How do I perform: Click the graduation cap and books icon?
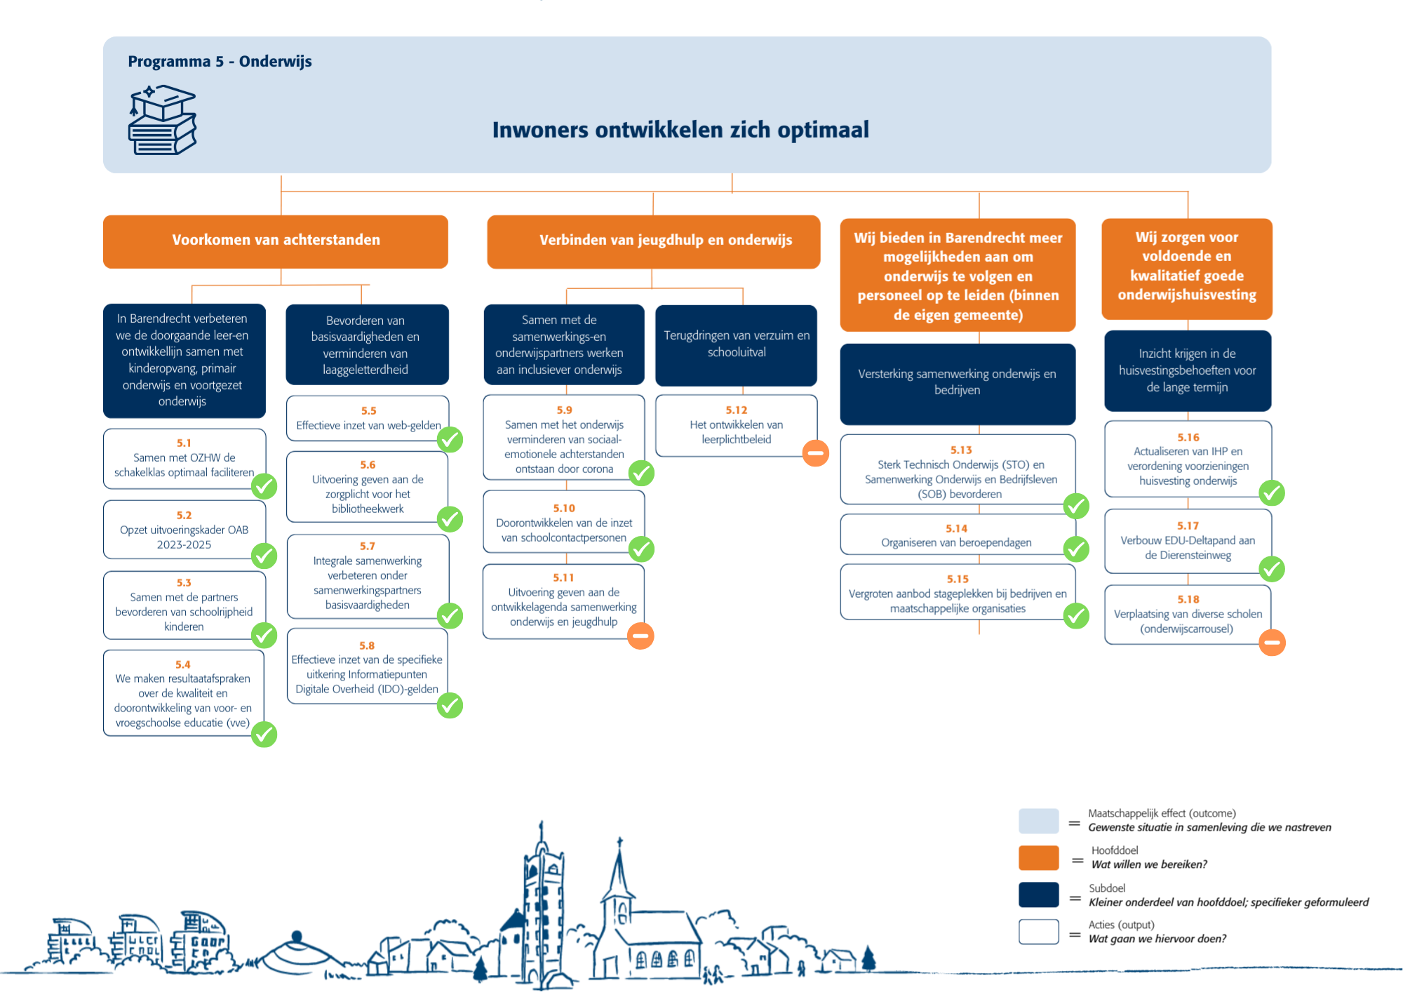(163, 120)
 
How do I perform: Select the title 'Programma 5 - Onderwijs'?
(220, 62)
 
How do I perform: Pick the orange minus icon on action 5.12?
(816, 453)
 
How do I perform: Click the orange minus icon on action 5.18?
(1272, 642)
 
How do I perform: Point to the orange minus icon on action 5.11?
(640, 636)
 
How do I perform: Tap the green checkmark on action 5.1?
(264, 485)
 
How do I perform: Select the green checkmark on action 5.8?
(450, 705)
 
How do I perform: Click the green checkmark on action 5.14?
(1076, 549)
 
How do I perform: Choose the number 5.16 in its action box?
(1188, 437)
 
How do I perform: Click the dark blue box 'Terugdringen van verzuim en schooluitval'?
(737, 345)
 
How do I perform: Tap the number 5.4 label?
(183, 664)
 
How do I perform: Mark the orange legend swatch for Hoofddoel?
(1039, 857)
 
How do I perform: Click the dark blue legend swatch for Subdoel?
(1039, 894)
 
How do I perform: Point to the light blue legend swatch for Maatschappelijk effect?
(1039, 821)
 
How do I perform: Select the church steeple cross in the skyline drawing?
(619, 841)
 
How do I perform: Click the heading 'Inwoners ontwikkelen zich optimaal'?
(680, 130)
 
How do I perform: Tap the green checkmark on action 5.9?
(641, 473)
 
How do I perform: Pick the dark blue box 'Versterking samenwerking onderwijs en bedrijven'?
(958, 384)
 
